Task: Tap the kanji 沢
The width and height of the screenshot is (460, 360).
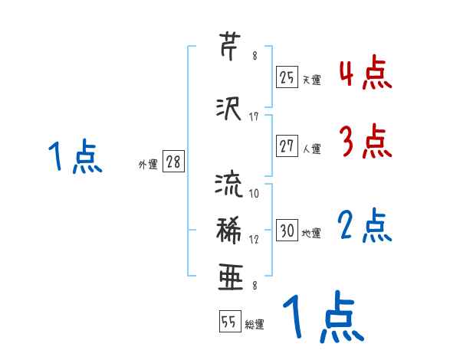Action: pos(230,108)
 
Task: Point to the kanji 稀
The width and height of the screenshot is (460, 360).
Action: pos(230,229)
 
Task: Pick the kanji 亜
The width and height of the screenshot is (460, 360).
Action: pos(230,276)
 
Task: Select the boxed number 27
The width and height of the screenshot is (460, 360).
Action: pos(287,146)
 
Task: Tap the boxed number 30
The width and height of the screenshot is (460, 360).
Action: pos(287,231)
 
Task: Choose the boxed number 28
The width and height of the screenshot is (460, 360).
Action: pos(173,162)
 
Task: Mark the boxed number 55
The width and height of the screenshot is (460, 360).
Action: pos(228,322)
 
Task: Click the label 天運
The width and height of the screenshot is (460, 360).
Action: pos(311,79)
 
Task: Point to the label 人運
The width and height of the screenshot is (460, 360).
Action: pos(311,148)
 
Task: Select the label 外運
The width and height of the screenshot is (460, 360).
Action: pos(148,164)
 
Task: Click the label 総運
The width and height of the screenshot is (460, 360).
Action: pos(255,325)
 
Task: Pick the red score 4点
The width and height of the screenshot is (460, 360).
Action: pos(366,74)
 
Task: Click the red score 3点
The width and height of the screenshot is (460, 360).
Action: pos(366,141)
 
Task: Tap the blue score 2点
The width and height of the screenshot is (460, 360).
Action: pos(366,226)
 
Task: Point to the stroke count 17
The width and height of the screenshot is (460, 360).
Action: pos(254,116)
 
